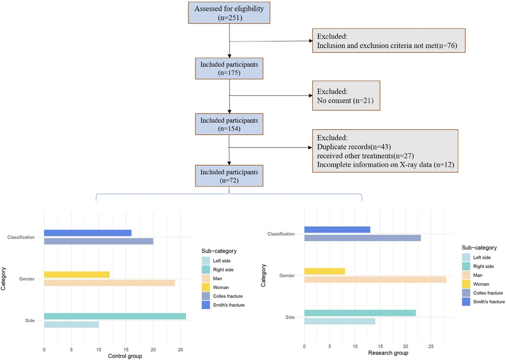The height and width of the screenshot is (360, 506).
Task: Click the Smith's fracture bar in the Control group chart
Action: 88,233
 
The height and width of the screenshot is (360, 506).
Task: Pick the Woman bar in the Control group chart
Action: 77,275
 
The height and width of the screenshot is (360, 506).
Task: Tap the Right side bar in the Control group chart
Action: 115,316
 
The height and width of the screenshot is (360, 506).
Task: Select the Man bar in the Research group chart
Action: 375,280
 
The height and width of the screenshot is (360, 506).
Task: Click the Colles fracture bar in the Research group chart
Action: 362,238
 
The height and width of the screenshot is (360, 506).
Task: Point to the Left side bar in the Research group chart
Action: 340,321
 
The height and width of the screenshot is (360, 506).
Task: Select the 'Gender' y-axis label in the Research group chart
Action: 287,275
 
